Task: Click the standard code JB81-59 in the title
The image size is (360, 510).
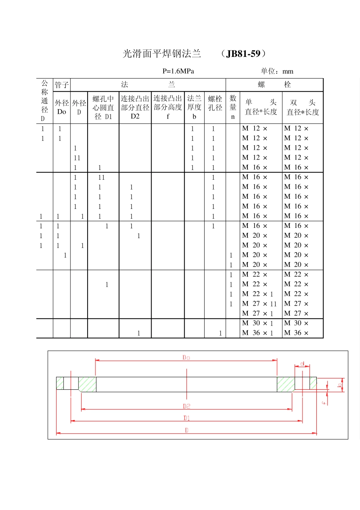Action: (243, 54)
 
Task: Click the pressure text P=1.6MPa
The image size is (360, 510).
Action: (178, 71)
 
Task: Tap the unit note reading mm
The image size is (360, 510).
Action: (288, 71)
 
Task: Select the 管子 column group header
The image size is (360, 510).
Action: (61, 85)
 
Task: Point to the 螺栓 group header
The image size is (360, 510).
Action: (274, 85)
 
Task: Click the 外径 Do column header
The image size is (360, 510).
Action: (62, 107)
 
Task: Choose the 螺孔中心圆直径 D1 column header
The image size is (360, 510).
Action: (103, 108)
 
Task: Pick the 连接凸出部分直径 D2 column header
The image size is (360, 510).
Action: (135, 107)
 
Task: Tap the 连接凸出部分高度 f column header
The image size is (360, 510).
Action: (167, 107)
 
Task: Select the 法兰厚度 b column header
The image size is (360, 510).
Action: (194, 107)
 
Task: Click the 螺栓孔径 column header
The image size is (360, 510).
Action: (215, 103)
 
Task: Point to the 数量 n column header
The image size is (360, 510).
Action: (233, 107)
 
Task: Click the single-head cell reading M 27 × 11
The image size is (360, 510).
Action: (260, 304)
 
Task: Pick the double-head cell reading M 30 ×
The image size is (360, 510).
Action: (296, 323)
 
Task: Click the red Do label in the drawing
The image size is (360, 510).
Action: (186, 358)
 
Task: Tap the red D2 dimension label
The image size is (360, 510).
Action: (186, 406)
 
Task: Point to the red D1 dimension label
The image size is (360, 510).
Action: (186, 418)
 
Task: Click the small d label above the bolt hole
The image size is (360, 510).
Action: (302, 364)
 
